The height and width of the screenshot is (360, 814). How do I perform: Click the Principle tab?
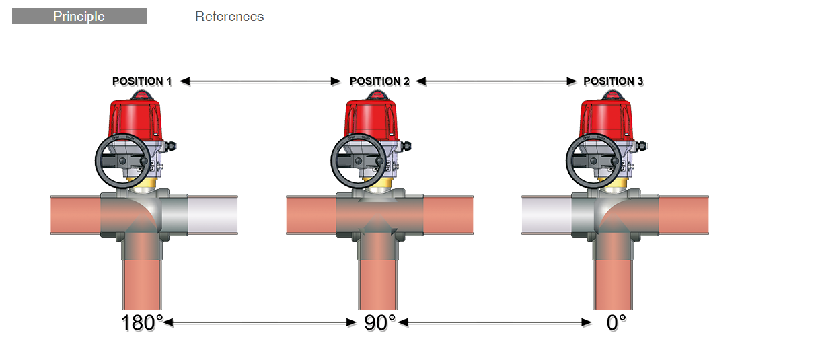coord(79,16)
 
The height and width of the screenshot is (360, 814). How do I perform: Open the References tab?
coord(229,16)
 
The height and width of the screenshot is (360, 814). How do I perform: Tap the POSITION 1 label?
coord(142,81)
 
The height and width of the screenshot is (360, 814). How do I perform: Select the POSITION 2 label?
coord(379,81)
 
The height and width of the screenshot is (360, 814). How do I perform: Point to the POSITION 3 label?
coord(613,81)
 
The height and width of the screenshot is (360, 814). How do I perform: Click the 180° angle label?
coord(142,322)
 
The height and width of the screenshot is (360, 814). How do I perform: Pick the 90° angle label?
coord(379,322)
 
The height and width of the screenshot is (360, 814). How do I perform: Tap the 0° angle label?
coord(616,322)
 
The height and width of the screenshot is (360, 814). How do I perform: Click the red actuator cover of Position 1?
coord(135,118)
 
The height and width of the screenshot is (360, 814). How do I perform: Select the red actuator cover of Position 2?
coord(371,118)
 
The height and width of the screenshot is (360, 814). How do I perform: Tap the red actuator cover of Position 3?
coord(606,118)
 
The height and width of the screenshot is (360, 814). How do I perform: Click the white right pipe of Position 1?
coord(213,215)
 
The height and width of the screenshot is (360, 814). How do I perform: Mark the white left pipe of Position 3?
coord(546,215)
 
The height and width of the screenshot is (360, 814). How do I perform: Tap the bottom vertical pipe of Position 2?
coord(377,284)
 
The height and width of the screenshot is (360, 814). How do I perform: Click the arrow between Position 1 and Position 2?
coord(260,81)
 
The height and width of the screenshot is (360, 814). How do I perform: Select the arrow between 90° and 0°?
coord(495,322)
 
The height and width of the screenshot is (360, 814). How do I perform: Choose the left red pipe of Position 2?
coord(311,215)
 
